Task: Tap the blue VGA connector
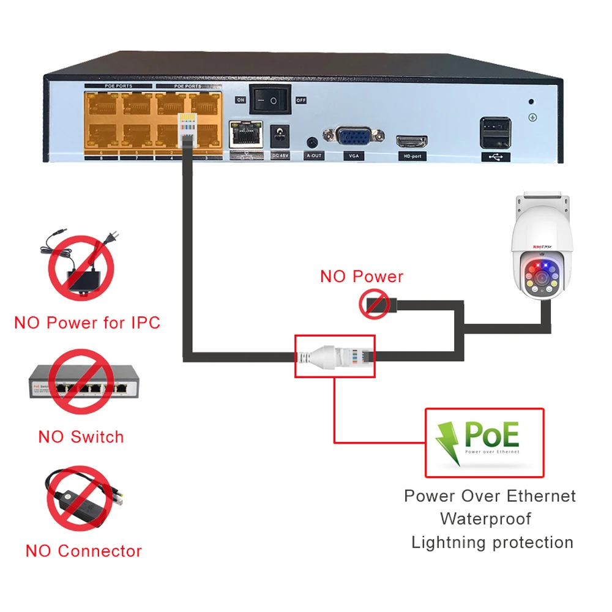tap(354, 136)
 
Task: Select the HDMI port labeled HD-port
tap(412, 141)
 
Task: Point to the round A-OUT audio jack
tap(313, 142)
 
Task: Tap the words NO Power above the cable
tap(362, 276)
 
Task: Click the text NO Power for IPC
tap(87, 323)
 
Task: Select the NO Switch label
tap(81, 437)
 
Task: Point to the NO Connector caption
tap(83, 551)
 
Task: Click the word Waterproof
tap(485, 519)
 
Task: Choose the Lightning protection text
tap(492, 542)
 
